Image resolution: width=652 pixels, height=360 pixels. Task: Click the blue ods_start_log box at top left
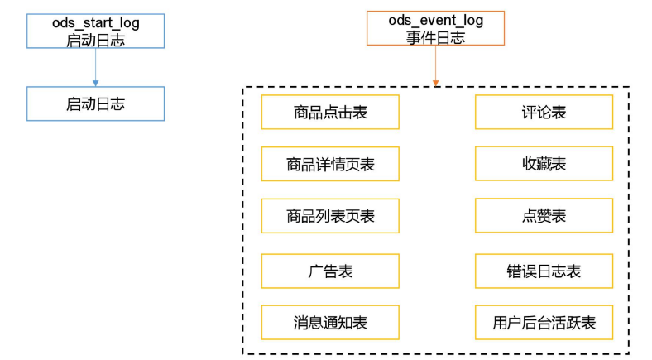95,31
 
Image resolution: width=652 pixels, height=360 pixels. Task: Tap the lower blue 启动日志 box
95,103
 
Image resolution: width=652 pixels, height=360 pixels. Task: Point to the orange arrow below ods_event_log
435,67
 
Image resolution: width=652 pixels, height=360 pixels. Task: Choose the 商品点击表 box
330,113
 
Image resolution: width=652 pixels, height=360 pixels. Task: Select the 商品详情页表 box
330,164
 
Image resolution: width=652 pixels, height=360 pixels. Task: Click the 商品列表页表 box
330,215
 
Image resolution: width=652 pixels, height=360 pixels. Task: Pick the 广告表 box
330,271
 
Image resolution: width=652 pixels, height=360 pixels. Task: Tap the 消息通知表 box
330,322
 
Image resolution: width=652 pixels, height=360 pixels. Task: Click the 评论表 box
544,113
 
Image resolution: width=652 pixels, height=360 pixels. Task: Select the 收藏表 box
544,164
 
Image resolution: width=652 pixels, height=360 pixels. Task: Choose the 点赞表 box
544,215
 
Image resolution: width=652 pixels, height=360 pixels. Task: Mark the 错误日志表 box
544,271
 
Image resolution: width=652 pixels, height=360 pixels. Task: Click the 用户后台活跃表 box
544,322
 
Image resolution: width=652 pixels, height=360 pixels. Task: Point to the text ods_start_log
95,23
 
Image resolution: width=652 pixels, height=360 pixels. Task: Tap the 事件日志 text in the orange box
435,38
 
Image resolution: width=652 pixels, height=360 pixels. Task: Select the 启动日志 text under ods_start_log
95,39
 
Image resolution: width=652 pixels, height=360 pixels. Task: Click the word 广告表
330,271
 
